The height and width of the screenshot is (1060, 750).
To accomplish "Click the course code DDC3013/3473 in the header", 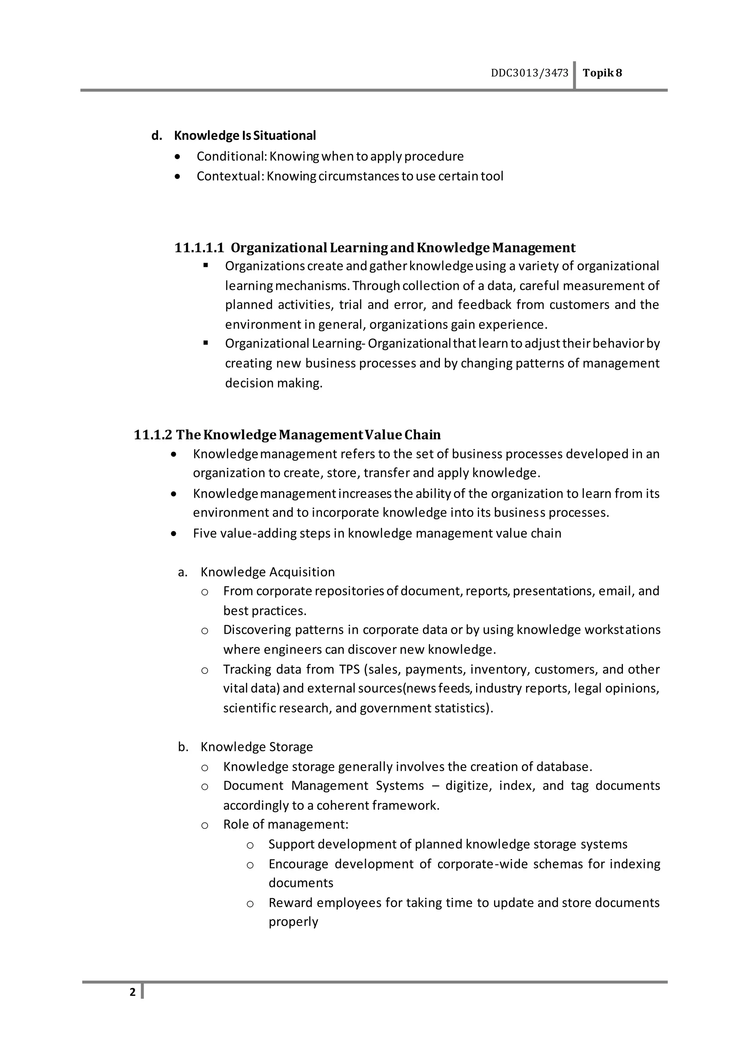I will pos(529,73).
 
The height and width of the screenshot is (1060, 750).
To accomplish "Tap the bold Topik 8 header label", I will pos(602,73).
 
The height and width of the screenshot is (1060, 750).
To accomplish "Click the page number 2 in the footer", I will pos(133,992).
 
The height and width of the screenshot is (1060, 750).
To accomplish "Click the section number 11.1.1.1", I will pos(199,248).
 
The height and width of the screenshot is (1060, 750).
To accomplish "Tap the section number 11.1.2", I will pos(153,435).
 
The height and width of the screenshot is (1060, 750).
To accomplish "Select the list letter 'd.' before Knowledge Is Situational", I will pos(157,135).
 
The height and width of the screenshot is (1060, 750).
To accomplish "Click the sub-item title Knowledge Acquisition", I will pos(267,572).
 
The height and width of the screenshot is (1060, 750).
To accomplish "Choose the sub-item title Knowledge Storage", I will pos(256,747).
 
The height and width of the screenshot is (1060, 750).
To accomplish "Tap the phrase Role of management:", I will pos(285,825).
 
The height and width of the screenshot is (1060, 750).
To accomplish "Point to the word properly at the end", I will pos(293,922).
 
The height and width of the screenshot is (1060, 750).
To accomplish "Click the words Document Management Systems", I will pos(323,786).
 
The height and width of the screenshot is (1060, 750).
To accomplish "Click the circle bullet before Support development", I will pos(250,845).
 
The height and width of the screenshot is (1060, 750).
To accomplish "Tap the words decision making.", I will pos(274,383).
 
